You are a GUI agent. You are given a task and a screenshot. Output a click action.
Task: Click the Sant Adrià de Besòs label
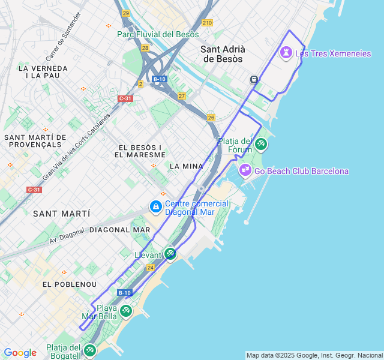click(222, 54)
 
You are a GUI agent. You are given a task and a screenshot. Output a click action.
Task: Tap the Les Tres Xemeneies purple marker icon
click(286, 53)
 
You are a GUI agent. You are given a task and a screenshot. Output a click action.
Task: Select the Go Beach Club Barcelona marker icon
click(245, 170)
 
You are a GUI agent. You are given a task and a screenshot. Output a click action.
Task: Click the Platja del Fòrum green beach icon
click(260, 144)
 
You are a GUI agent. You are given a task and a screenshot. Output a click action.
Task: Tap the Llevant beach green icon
click(170, 254)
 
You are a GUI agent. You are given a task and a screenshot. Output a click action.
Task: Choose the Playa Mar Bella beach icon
click(125, 311)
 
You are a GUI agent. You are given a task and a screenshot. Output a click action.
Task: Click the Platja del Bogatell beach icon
click(89, 350)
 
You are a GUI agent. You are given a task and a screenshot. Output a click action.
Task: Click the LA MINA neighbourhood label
click(186, 166)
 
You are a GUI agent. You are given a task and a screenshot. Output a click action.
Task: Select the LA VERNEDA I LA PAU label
click(43, 72)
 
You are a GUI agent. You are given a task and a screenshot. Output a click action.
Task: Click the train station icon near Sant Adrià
click(254, 79)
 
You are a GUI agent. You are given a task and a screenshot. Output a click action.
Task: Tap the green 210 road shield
click(207, 23)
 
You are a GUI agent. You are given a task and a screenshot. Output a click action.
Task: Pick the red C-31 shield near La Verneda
click(125, 98)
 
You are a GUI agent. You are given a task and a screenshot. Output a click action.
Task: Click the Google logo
click(20, 353)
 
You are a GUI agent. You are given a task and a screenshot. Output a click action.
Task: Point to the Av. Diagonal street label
click(67, 236)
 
